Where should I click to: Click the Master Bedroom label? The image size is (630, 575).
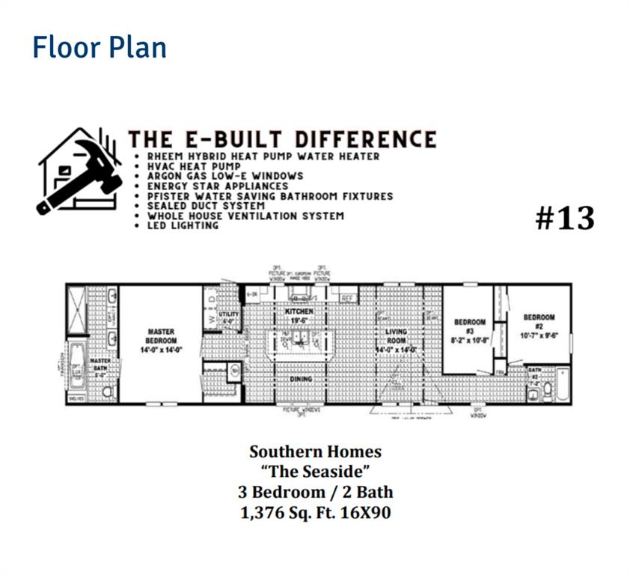161,338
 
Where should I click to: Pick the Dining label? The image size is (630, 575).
301,380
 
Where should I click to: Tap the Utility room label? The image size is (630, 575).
228,317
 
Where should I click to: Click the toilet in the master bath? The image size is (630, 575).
107,392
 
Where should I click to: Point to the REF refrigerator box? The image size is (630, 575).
347,298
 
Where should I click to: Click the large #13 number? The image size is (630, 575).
565,218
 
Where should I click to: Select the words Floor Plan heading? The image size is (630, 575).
99,47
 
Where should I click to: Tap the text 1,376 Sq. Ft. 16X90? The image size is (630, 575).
315,513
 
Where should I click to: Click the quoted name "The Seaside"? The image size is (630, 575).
315,472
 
